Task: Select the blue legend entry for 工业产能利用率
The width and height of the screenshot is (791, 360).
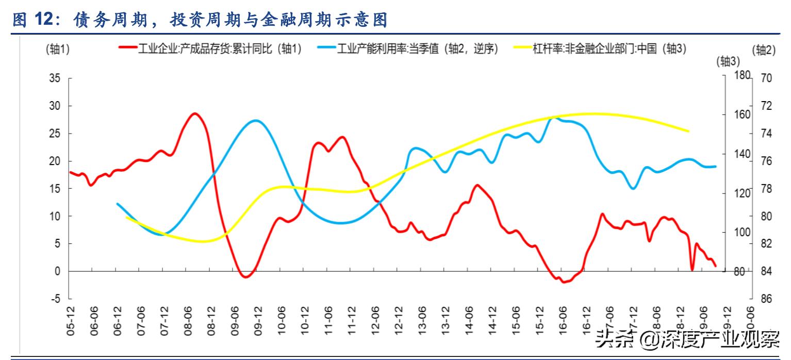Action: pos(407,50)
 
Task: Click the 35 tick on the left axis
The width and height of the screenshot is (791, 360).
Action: pos(54,78)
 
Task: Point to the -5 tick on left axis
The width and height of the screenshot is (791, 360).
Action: pos(55,299)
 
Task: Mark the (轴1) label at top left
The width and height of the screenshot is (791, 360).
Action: pos(58,50)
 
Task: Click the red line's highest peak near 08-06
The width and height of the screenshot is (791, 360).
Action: pos(194,113)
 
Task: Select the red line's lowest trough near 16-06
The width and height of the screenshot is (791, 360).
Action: pos(564,282)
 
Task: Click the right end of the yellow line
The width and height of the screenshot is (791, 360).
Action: pos(688,131)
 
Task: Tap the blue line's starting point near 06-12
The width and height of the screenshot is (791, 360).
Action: pos(118,204)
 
